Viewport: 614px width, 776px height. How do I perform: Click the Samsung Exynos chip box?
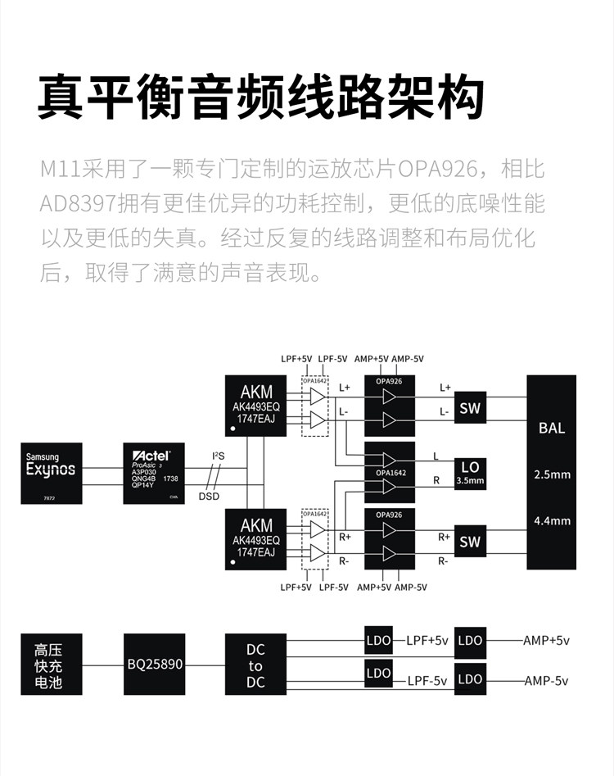coord(51,474)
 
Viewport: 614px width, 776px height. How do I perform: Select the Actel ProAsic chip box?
coord(154,474)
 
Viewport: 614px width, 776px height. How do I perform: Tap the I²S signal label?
coord(218,455)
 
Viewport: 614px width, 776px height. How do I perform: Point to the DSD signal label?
coord(209,496)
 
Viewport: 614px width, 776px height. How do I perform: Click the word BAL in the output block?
coord(551,428)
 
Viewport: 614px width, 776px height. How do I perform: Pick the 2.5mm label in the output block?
coord(551,474)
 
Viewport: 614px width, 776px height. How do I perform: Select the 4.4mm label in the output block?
coord(551,520)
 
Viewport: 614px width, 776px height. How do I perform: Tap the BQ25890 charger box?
coord(155,664)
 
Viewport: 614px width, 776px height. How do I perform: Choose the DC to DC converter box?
coord(255,665)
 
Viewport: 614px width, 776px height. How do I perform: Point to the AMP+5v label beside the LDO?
coord(546,640)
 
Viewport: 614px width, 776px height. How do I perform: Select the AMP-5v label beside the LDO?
coord(546,680)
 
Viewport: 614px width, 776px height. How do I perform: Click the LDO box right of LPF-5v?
coord(470,679)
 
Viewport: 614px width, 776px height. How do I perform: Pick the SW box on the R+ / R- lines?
coord(469,542)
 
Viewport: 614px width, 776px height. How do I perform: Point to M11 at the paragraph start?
coord(56,170)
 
